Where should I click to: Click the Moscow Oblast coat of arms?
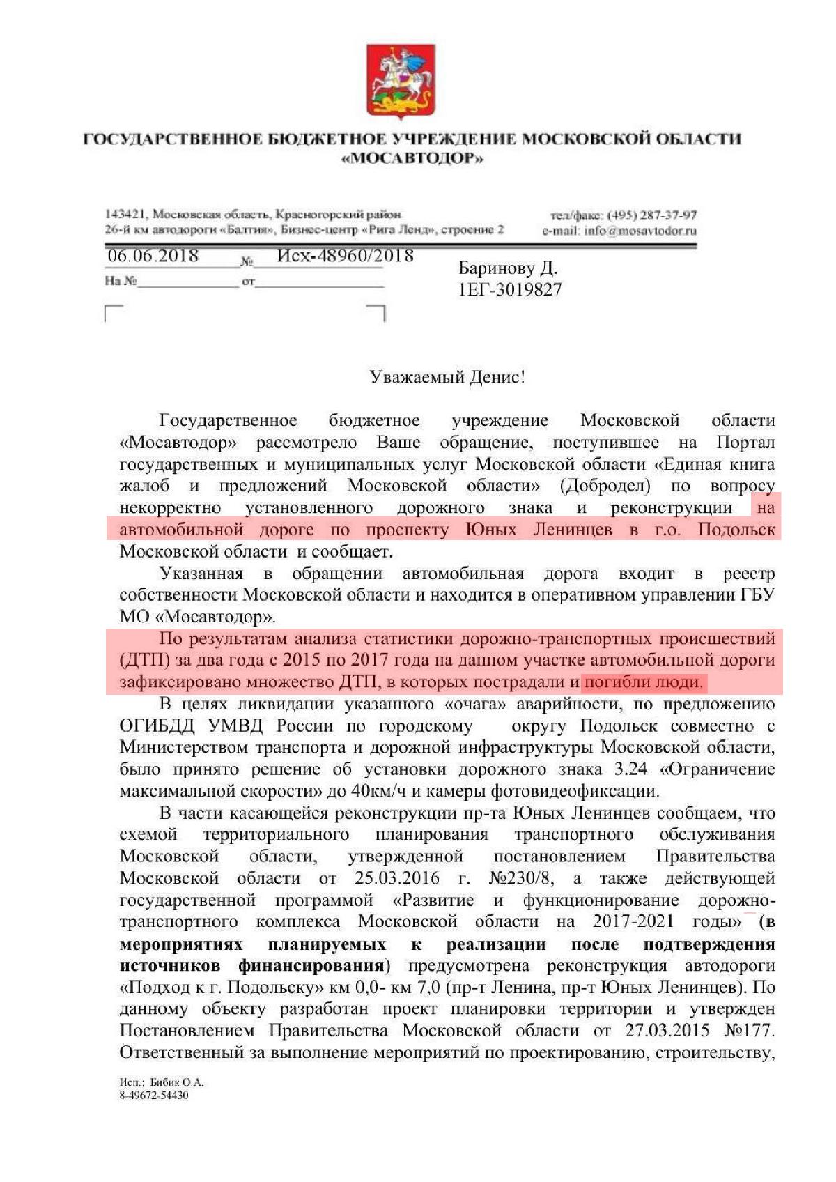[401, 82]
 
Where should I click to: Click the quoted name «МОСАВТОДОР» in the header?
[412, 158]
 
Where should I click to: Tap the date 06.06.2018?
[153, 256]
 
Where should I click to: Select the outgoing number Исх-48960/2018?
[345, 256]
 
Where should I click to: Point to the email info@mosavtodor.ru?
[640, 231]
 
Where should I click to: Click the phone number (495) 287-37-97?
[652, 215]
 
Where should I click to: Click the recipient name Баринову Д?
[507, 268]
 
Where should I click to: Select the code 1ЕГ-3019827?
[509, 289]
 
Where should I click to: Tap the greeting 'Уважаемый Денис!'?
[447, 377]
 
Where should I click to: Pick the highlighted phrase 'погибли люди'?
[642, 682]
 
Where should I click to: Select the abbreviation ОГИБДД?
[157, 726]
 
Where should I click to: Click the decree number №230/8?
[523, 877]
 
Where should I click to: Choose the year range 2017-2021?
[633, 921]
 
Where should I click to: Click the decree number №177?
[750, 1030]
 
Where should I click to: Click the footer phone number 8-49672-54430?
[154, 1095]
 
